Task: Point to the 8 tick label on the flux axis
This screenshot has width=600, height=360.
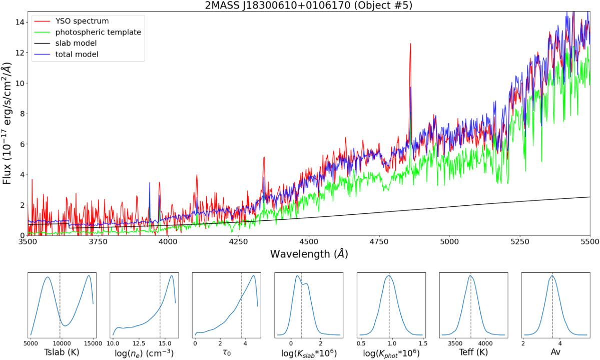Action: (x=21, y=114)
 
